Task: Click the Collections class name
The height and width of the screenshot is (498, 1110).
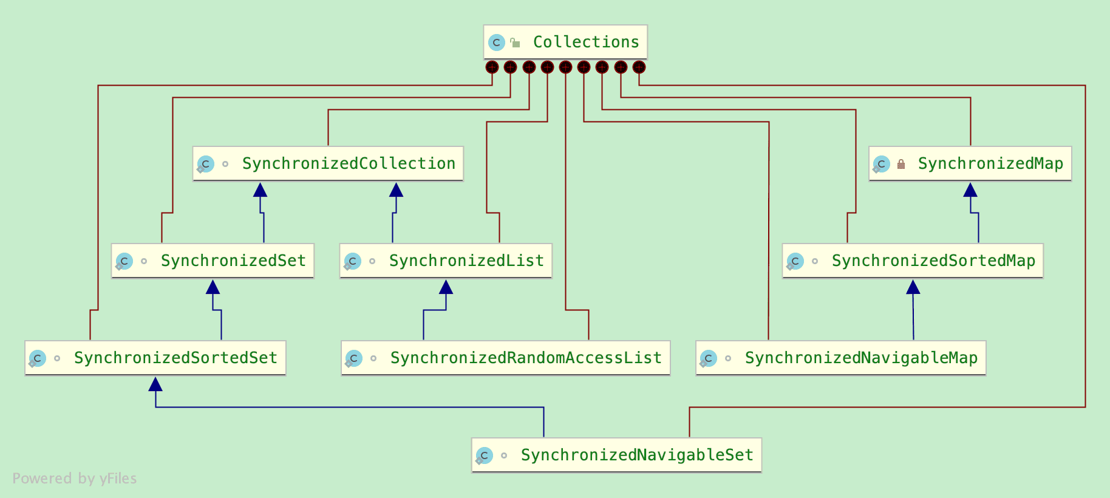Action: [585, 42]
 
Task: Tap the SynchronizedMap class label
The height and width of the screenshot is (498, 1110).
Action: [990, 163]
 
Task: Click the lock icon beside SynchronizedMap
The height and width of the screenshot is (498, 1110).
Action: [901, 164]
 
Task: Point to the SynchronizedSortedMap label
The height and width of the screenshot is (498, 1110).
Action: [933, 261]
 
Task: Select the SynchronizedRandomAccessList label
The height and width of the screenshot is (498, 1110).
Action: [526, 358]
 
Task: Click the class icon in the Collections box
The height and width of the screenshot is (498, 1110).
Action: [497, 43]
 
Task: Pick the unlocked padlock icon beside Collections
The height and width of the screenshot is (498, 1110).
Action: [516, 43]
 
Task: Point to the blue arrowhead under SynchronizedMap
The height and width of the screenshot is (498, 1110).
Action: [970, 190]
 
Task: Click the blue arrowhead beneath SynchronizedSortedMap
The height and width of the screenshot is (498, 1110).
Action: [913, 287]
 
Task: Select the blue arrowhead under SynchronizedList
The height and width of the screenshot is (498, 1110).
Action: [446, 287]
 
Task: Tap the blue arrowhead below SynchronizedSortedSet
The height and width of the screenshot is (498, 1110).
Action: [155, 384]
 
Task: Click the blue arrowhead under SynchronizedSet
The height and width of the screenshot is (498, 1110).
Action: [213, 287]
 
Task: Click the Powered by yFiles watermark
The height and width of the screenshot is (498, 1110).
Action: [75, 479]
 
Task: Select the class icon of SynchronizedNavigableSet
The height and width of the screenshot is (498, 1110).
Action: [484, 455]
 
